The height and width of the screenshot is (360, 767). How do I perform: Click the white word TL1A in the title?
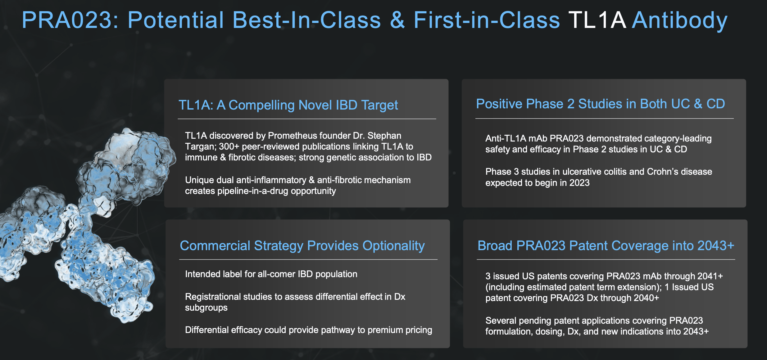pos(597,20)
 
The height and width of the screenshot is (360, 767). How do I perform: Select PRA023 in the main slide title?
pos(70,20)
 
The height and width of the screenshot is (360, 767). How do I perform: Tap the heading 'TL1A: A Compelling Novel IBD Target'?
pos(288,105)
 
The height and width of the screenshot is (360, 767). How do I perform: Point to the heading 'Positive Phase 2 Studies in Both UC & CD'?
pos(601,104)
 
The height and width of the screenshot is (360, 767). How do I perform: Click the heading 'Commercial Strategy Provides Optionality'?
pos(302,246)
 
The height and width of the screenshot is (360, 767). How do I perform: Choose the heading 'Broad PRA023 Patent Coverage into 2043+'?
pos(606,245)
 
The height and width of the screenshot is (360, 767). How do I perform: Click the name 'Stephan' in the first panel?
pos(384,136)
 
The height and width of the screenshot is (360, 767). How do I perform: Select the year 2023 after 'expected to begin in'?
pos(579,183)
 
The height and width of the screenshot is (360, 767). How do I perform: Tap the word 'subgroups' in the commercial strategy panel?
pos(206,308)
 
